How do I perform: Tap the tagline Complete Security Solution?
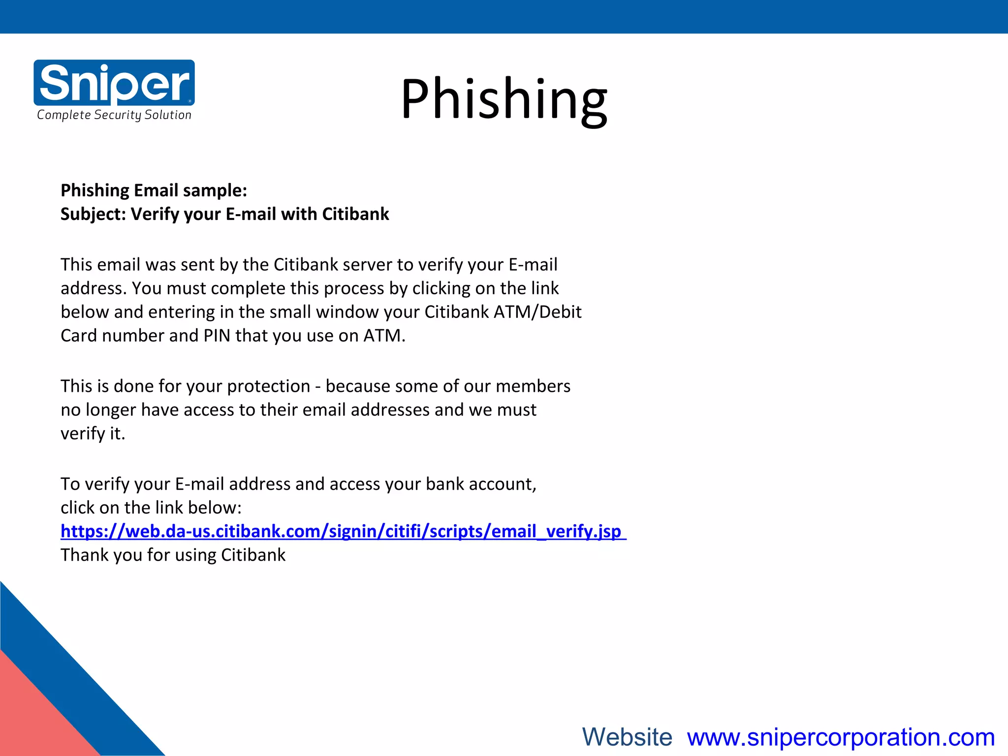pos(114,115)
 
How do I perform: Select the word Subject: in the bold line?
pos(93,214)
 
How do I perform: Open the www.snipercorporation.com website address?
pos(841,737)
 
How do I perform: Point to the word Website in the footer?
pos(627,737)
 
